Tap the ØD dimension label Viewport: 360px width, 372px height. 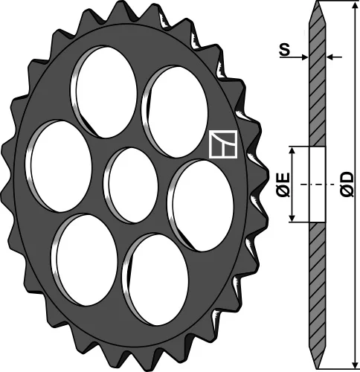point(346,184)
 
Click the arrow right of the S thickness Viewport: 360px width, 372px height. point(332,57)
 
